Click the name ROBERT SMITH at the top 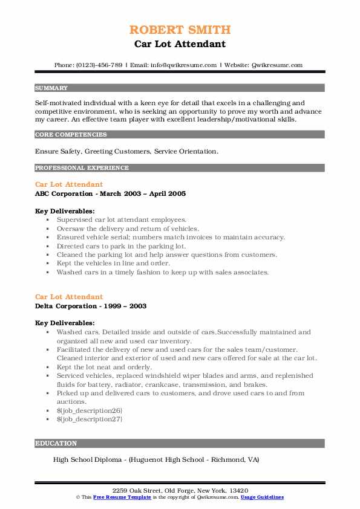(180, 30)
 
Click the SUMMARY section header (51, 88)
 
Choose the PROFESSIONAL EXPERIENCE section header (82, 167)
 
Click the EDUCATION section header (56, 443)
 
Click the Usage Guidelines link (262, 497)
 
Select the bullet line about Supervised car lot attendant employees (122, 220)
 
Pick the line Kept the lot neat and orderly (104, 367)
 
